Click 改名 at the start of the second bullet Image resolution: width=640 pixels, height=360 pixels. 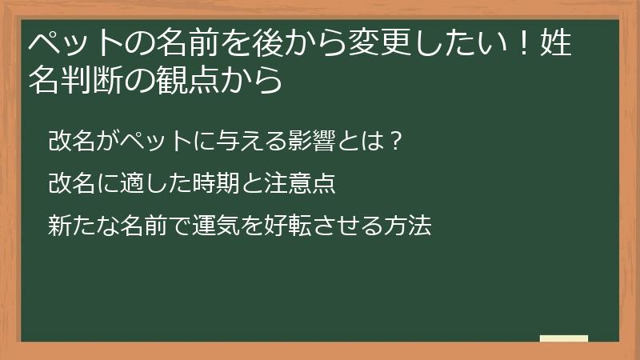70,184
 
